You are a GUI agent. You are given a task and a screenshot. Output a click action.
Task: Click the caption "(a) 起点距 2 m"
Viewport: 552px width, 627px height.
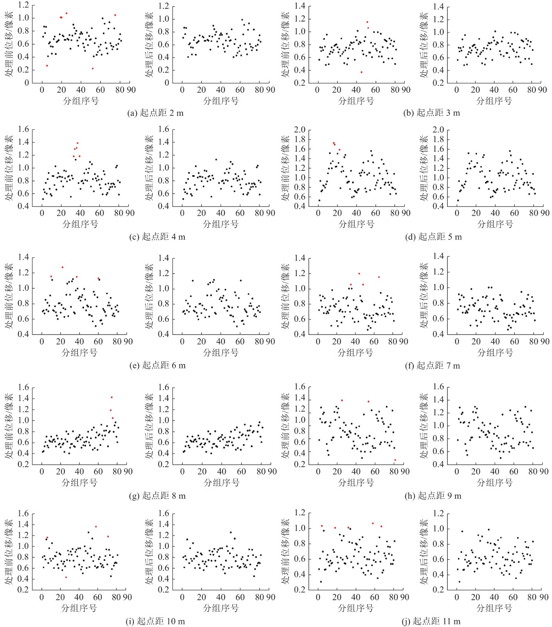155,113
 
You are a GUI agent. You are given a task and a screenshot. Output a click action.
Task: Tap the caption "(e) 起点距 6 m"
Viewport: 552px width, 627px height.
157,365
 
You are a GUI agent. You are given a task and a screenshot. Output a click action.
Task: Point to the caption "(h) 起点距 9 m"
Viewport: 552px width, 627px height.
433,496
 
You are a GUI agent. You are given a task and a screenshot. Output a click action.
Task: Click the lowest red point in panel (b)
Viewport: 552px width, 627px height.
361,72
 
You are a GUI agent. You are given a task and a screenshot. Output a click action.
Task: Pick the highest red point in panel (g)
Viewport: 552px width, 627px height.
112,397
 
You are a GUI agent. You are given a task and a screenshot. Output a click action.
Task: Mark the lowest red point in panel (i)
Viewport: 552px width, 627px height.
66,577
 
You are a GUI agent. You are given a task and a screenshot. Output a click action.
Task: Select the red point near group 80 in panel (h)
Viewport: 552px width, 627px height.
395,460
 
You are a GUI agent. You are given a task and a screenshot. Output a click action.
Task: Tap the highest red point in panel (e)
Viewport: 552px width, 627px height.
62,267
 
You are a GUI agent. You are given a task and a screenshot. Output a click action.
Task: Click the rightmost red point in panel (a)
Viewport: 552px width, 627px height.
115,15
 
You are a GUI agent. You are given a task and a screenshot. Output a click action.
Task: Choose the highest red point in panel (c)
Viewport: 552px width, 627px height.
78,143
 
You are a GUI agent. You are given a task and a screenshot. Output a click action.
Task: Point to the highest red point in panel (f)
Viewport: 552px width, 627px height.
359,274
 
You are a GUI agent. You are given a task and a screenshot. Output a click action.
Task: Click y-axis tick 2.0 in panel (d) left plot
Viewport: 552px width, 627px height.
300,130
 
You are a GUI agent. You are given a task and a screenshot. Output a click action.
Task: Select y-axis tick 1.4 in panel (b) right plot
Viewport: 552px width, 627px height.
438,7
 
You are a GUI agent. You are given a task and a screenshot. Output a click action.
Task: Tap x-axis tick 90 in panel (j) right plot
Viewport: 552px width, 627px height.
544,597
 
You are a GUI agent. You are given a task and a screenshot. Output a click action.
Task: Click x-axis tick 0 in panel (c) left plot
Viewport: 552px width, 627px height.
42,213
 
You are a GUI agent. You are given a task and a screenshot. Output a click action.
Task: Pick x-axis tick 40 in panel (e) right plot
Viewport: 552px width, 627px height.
221,342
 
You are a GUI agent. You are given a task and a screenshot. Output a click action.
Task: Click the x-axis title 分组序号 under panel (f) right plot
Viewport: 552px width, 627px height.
495,353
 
